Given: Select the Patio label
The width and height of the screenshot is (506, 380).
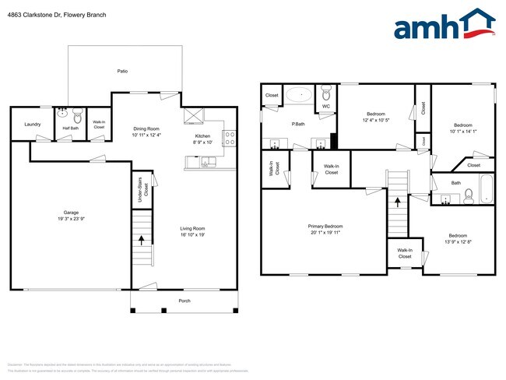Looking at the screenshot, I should pyautogui.click(x=122, y=71).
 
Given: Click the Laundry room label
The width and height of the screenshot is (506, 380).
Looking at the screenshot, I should pyautogui.click(x=32, y=124).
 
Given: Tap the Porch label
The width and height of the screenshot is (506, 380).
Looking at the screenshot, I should pyautogui.click(x=184, y=301).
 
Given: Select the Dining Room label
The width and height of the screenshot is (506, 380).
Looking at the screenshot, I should pyautogui.click(x=146, y=129).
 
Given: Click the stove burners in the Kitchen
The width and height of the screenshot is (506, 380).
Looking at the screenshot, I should pyautogui.click(x=230, y=138).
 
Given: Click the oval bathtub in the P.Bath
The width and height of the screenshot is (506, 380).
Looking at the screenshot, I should pyautogui.click(x=298, y=95).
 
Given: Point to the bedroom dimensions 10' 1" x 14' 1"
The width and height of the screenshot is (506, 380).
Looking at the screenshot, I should pyautogui.click(x=463, y=131).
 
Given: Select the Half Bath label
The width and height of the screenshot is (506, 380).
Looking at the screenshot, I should pyautogui.click(x=71, y=128).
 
